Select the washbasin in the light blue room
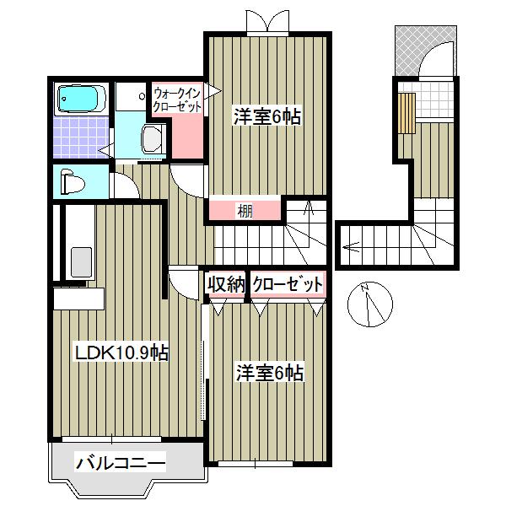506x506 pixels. (x=153, y=138)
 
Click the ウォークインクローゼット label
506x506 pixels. (x=177, y=100)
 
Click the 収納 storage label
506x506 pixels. (x=225, y=284)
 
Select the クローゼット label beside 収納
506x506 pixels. (x=287, y=284)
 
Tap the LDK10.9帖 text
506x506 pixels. (x=123, y=353)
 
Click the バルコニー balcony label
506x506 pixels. (x=120, y=461)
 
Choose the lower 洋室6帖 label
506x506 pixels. (x=270, y=371)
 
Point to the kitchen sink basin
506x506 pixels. (x=82, y=261)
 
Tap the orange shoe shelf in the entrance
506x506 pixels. (x=407, y=111)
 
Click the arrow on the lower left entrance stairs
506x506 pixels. (x=352, y=247)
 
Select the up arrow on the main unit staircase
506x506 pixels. (x=309, y=208)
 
